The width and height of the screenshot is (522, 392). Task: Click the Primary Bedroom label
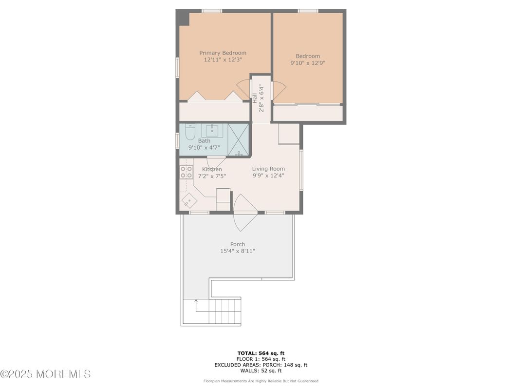point(223,53)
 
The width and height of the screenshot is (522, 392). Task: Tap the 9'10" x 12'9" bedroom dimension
point(308,63)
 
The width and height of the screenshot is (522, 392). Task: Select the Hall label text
point(255,98)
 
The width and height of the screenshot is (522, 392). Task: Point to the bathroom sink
point(212,131)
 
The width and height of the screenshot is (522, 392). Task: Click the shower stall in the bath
point(238,139)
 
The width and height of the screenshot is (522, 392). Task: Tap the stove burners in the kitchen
point(186,172)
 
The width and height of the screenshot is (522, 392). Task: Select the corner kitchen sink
point(187,200)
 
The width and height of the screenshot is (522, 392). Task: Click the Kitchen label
point(212,169)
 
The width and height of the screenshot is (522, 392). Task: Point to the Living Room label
point(268,169)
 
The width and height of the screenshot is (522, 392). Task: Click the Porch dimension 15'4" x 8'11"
point(237,251)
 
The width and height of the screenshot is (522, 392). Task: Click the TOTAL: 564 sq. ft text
point(261,353)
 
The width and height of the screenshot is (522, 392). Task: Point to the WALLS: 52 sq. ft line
point(261,371)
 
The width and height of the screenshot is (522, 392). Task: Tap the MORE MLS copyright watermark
point(45,374)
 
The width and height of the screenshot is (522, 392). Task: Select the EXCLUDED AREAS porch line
point(261,365)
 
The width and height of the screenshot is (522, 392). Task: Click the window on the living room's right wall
point(301,170)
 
